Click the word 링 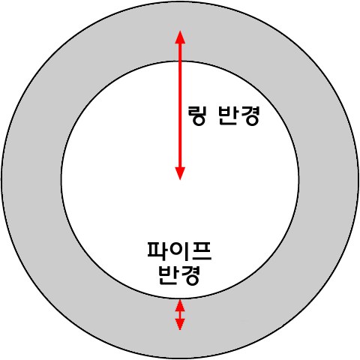196,115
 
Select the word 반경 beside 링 238,115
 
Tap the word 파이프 179,250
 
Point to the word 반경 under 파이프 179,275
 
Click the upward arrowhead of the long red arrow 180,37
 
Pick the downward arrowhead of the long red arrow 180,173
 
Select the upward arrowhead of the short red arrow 180,305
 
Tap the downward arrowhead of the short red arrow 180,324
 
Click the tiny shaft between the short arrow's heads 180,315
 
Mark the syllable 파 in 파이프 157,250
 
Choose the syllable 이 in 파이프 179,250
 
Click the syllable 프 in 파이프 202,250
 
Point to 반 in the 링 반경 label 228,115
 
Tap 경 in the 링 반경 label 249,115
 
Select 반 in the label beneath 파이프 169,275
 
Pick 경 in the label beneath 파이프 190,275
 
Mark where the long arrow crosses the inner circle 180,61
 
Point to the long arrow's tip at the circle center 180,180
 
